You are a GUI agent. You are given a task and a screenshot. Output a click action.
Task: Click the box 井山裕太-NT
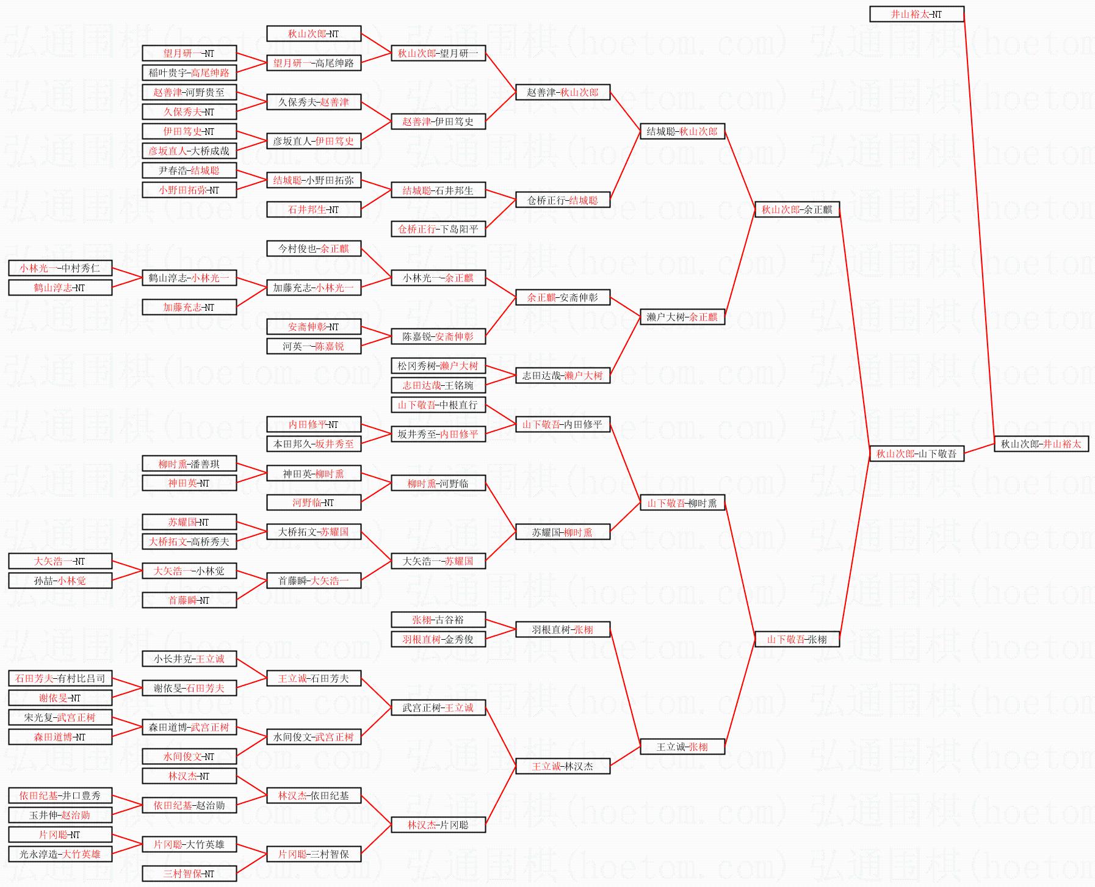click(x=916, y=14)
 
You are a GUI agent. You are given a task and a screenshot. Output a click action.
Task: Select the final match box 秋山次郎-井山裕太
click(x=1041, y=444)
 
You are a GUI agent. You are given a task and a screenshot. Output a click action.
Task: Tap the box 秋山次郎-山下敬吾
click(x=916, y=454)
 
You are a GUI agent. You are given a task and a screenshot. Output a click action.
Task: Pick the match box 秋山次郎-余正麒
click(x=797, y=209)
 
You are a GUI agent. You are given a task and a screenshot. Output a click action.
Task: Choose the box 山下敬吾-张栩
click(x=797, y=639)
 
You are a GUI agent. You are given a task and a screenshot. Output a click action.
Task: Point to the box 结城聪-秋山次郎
click(x=682, y=131)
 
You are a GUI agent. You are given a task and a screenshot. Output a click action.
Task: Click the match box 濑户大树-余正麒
click(x=682, y=317)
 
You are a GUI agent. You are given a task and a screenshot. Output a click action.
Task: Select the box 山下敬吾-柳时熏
click(x=682, y=503)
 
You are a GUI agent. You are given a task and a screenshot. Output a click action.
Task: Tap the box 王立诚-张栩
click(x=682, y=747)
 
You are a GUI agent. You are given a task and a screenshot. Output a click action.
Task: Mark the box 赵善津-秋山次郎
click(x=562, y=92)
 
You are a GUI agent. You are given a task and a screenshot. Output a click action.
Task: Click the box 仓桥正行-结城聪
click(x=562, y=200)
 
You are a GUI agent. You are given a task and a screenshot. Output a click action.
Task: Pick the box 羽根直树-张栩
click(x=562, y=629)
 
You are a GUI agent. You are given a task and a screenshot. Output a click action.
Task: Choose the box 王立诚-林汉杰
click(x=562, y=766)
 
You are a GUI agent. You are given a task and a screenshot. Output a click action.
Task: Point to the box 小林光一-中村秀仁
click(x=60, y=268)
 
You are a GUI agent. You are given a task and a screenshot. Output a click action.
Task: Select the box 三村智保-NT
click(x=189, y=874)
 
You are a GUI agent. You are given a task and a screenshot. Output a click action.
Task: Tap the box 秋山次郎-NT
click(x=313, y=34)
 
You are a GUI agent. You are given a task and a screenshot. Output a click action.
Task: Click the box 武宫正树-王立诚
click(x=438, y=708)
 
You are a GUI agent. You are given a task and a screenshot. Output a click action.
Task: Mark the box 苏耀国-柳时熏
click(x=562, y=532)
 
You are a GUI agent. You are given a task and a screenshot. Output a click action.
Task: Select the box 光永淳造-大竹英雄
click(x=60, y=854)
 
